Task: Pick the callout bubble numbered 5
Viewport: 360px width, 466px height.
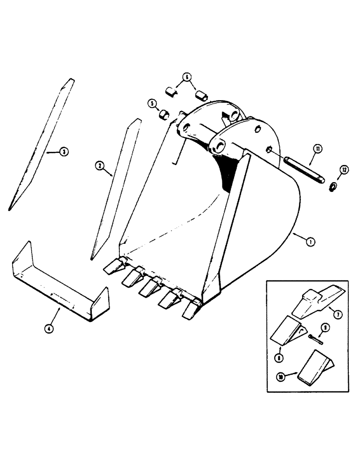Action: (151, 103)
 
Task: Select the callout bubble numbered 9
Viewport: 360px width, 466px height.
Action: (325, 329)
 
